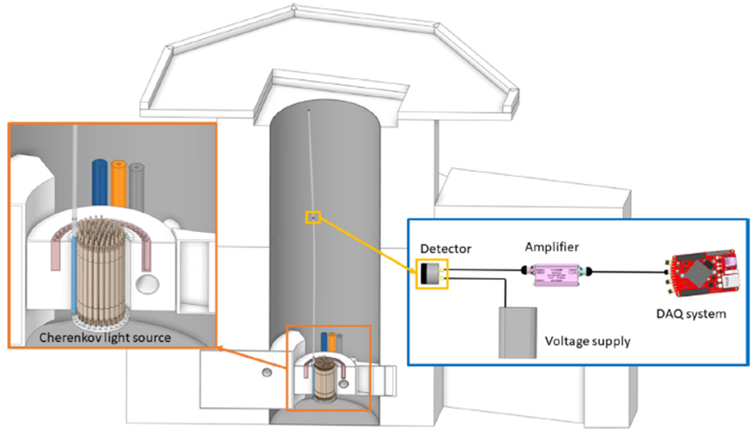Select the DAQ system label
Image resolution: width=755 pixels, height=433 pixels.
tap(696, 313)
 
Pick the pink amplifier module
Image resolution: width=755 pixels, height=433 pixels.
tap(553, 272)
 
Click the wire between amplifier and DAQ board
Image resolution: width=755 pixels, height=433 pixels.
tap(630, 274)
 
